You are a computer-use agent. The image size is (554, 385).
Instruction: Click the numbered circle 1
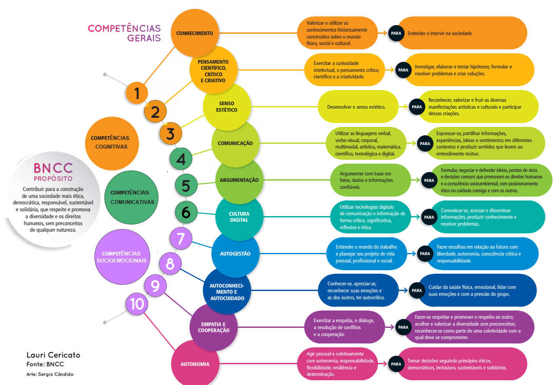point(137,93)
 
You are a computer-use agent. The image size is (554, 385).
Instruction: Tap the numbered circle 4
point(181,159)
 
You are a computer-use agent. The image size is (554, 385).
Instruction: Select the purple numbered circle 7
point(181,238)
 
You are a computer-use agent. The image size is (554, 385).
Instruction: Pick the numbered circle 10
point(137,304)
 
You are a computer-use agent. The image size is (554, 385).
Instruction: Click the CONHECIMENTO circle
point(194,33)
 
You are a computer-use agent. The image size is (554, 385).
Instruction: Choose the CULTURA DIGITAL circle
point(239,217)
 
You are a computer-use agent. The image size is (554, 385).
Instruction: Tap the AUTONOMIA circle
point(195,364)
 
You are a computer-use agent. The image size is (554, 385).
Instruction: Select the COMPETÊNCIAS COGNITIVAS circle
point(110,142)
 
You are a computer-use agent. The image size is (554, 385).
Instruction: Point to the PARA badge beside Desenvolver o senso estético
point(417,107)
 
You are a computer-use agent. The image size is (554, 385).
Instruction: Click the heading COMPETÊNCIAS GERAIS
point(124,33)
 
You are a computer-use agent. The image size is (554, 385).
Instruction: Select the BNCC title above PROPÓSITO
point(53,168)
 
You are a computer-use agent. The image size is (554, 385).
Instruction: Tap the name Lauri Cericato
point(53,355)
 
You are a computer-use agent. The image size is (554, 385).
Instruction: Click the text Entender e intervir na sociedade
point(440,33)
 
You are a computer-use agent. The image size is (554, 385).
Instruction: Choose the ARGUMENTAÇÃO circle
point(239,180)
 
